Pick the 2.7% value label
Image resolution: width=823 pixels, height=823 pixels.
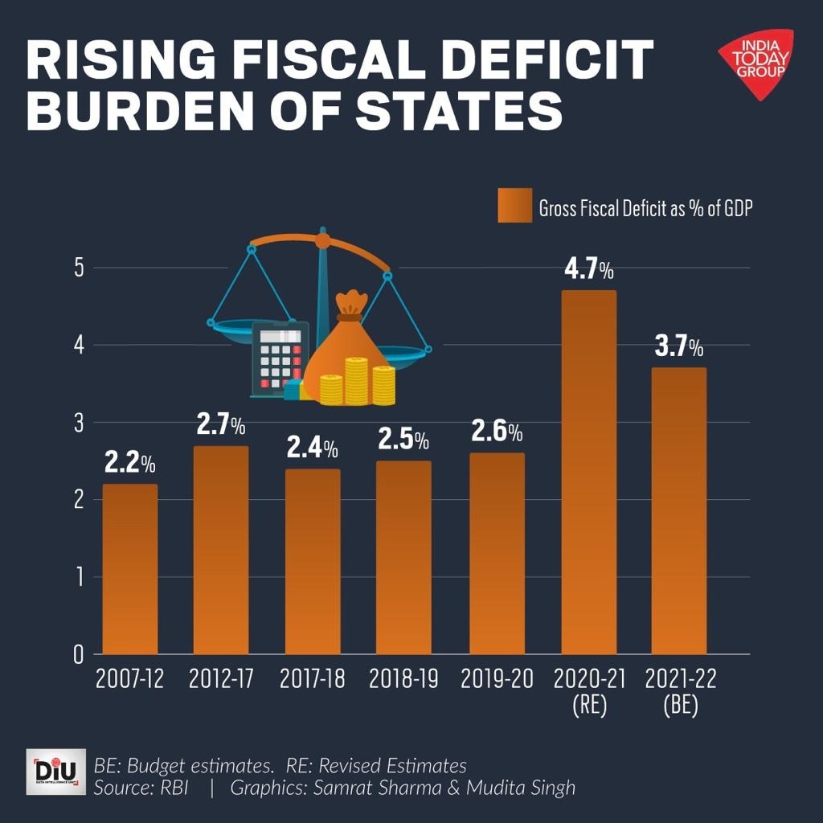(x=221, y=425)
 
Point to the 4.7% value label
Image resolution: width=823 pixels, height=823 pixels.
(x=588, y=269)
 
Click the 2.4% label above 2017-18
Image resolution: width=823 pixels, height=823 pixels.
(x=313, y=448)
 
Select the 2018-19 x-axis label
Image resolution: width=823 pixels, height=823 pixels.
(x=403, y=680)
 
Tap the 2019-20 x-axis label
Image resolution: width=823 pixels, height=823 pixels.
(x=497, y=680)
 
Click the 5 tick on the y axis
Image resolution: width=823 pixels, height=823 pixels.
(x=79, y=268)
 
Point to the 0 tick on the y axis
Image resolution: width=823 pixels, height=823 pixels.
(x=79, y=654)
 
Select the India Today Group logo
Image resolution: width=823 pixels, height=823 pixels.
(x=755, y=63)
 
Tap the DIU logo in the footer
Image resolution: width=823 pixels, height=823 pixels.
(x=55, y=772)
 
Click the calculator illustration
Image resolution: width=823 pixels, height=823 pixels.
(x=277, y=359)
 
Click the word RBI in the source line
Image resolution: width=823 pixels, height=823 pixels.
(x=173, y=788)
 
